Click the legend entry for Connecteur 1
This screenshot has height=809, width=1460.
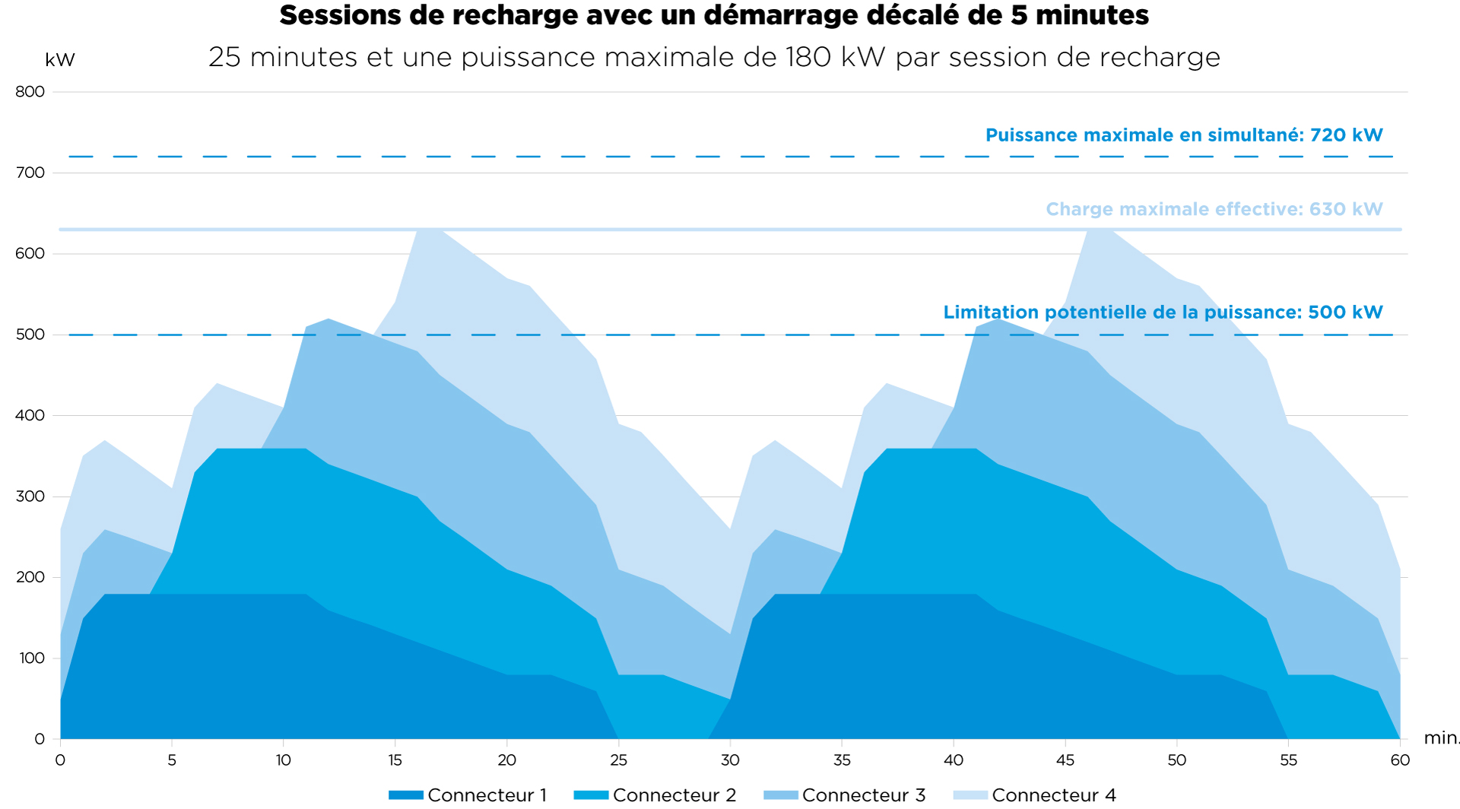468,795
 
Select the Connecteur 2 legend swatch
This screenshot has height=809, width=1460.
591,795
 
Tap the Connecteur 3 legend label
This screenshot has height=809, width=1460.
864,795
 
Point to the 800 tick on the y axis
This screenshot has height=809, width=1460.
30,92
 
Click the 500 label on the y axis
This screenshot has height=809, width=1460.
30,335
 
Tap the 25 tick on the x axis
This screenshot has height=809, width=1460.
618,760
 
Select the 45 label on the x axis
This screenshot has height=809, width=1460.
1065,760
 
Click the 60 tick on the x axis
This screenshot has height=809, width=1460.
1400,760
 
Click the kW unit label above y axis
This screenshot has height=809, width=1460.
60,60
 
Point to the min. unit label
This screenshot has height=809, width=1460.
1441,738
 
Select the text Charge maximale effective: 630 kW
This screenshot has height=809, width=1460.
1214,209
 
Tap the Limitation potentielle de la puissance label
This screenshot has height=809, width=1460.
1122,312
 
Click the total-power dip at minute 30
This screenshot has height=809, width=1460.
730,530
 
